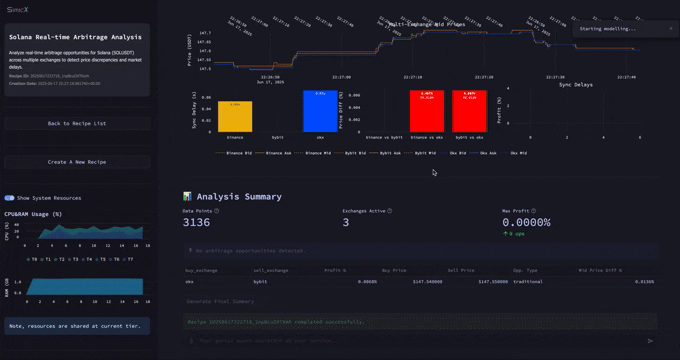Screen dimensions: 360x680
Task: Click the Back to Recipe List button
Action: (x=77, y=123)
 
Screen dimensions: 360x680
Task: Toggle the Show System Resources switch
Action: (x=10, y=198)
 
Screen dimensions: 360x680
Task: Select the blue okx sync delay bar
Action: (x=320, y=111)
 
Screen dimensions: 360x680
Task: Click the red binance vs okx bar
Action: (x=427, y=112)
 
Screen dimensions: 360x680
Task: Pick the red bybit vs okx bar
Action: (x=469, y=112)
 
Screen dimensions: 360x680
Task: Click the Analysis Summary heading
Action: (x=239, y=197)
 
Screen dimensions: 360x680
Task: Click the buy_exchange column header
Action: (x=203, y=270)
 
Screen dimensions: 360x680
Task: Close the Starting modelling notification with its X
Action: (x=670, y=29)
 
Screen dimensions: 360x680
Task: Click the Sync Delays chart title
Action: (x=575, y=85)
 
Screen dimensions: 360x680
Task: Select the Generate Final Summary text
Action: (x=222, y=301)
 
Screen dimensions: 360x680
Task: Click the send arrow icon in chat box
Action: (x=651, y=340)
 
